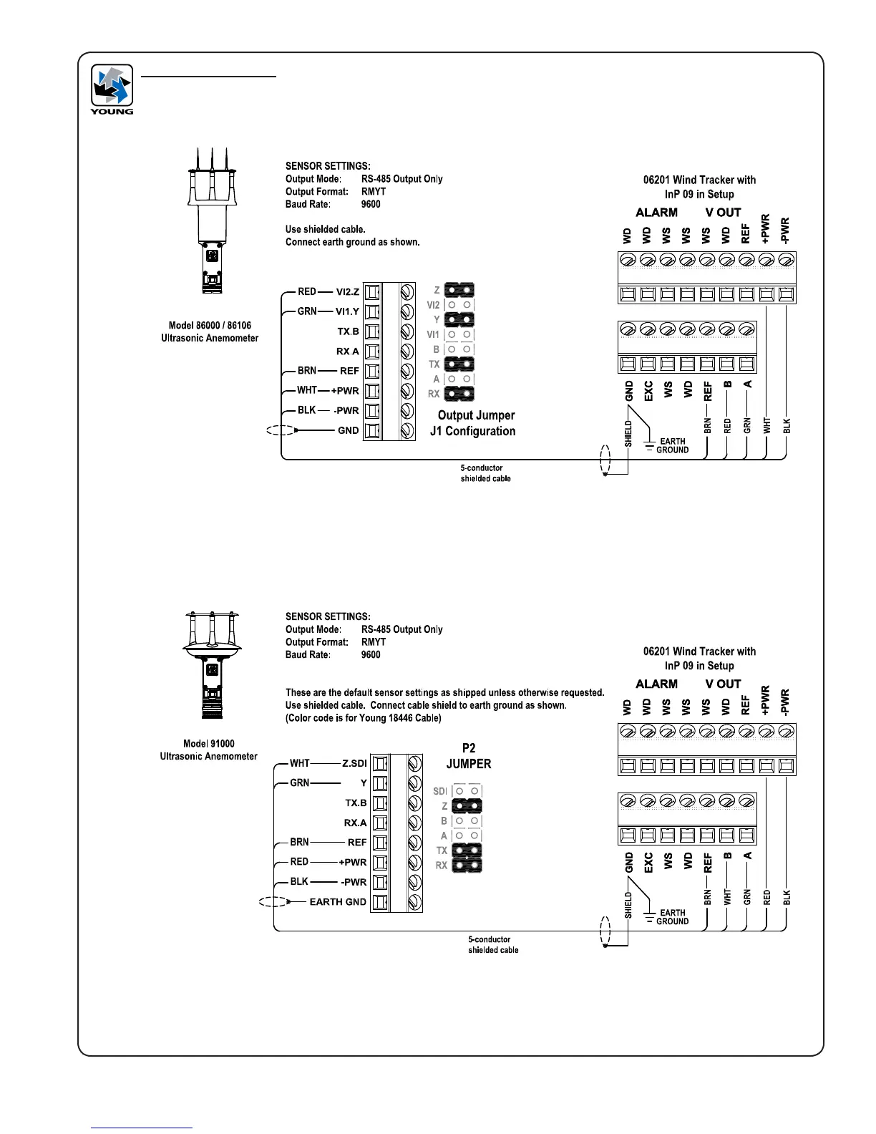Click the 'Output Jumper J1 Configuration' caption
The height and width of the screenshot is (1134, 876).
[x=473, y=423]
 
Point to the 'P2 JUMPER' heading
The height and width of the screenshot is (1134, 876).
[x=469, y=756]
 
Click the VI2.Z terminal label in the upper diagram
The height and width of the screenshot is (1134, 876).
[x=348, y=292]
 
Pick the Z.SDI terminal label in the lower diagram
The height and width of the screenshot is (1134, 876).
[x=354, y=763]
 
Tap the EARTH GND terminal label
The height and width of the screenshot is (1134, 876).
[x=337, y=901]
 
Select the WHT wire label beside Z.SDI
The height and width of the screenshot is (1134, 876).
[x=300, y=763]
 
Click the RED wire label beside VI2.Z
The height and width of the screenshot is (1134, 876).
[x=307, y=292]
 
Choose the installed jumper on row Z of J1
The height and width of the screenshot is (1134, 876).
[x=459, y=291]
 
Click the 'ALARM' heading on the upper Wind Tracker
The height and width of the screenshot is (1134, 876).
[x=656, y=213]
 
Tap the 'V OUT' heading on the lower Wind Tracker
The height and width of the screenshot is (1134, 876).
[x=723, y=684]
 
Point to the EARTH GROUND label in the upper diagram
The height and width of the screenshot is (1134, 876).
[x=672, y=445]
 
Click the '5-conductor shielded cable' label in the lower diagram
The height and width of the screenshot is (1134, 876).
[x=493, y=944]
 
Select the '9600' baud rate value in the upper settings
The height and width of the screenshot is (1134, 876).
[x=371, y=204]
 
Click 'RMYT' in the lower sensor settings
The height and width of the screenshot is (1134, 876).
[x=373, y=642]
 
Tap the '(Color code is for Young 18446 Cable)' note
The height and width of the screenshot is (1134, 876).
[x=364, y=718]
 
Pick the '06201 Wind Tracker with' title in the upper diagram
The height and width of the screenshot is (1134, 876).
[x=699, y=180]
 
